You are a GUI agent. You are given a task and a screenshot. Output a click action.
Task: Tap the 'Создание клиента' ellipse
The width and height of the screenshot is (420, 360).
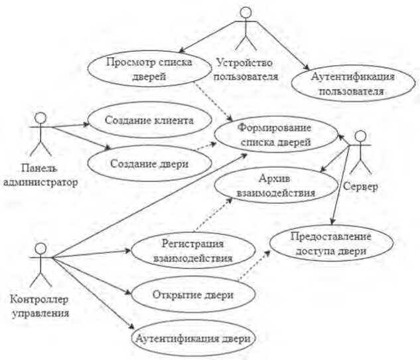point(148,120)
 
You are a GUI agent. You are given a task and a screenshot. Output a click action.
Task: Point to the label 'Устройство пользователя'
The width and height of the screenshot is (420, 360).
point(246,70)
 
